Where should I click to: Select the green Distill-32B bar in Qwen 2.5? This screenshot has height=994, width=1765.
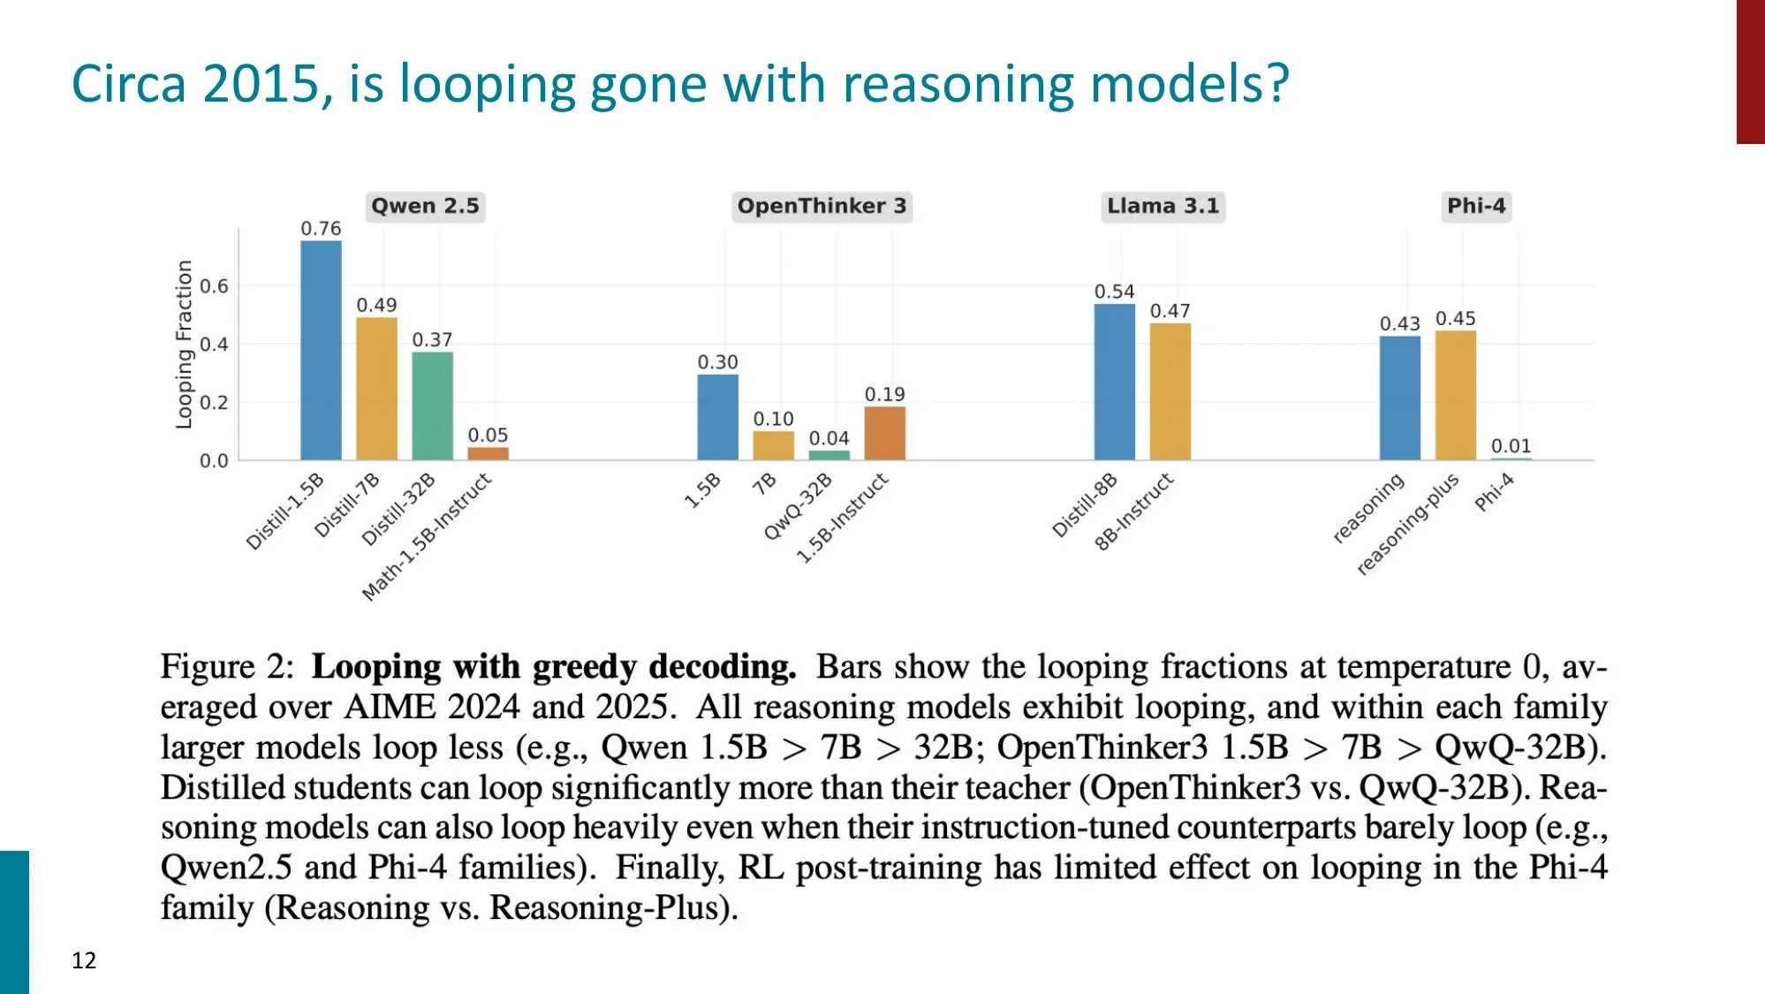tap(432, 406)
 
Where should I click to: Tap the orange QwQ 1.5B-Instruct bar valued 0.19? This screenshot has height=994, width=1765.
tap(884, 433)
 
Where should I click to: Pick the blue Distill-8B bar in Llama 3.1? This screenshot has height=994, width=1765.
tap(1114, 382)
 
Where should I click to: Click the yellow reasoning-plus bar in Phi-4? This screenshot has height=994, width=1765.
tap(1455, 395)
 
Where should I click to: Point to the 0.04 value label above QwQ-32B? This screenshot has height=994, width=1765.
tap(829, 438)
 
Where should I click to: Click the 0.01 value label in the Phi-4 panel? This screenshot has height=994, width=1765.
tap(1511, 446)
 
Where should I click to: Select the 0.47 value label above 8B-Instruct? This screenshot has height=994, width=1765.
tap(1170, 311)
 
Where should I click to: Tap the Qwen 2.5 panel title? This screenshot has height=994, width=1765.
tap(425, 206)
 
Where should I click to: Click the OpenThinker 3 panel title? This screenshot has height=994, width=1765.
tap(822, 206)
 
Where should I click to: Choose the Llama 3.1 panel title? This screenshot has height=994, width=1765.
tap(1163, 206)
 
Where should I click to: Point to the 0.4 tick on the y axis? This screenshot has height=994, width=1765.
tap(214, 345)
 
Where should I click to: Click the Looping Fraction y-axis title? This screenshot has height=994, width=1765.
tap(184, 345)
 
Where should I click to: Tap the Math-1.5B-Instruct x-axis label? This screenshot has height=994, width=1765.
tap(428, 535)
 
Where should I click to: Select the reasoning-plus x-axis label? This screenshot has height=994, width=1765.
tap(1408, 524)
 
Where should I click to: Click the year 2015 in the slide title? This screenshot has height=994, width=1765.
tap(260, 85)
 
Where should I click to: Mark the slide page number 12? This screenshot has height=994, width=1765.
tap(84, 960)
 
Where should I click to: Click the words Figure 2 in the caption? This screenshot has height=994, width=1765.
tap(226, 666)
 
